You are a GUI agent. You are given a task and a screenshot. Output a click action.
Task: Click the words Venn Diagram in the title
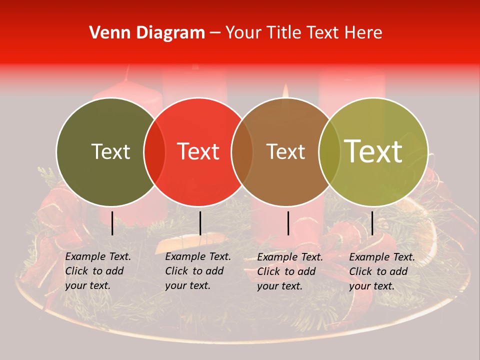147,33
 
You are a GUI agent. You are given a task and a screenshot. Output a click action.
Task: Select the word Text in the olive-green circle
110,151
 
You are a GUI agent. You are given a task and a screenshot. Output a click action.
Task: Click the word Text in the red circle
198,151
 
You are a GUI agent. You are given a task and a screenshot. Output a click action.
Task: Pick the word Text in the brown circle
285,151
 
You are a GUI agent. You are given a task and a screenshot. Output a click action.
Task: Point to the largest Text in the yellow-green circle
373,151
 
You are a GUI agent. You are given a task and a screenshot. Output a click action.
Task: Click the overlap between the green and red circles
154,152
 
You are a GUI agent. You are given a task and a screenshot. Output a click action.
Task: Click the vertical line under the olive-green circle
112,223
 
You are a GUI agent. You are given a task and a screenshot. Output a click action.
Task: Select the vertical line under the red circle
200,223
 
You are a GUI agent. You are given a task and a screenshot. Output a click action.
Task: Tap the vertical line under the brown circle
288,223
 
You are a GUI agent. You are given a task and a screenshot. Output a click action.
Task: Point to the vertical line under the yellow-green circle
372,223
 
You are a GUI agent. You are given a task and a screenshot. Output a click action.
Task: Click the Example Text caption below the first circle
98,271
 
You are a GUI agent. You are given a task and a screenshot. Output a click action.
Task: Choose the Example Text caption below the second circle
198,271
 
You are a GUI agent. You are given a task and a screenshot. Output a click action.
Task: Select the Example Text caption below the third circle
290,271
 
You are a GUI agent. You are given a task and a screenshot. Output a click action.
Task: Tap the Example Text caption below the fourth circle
382,271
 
